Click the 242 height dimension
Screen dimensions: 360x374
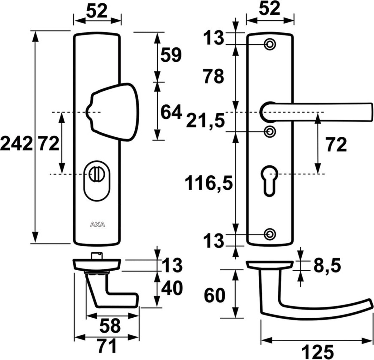click(x=16, y=144)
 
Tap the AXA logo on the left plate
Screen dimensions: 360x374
click(x=97, y=223)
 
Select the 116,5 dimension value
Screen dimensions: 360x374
click(x=209, y=183)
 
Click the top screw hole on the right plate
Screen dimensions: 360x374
click(x=270, y=45)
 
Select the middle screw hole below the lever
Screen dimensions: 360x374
click(x=270, y=131)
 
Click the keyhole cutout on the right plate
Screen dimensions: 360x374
click(x=270, y=179)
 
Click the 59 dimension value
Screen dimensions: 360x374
click(x=170, y=55)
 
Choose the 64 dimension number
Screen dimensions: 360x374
click(x=171, y=112)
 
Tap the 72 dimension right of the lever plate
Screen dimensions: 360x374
click(x=337, y=145)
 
